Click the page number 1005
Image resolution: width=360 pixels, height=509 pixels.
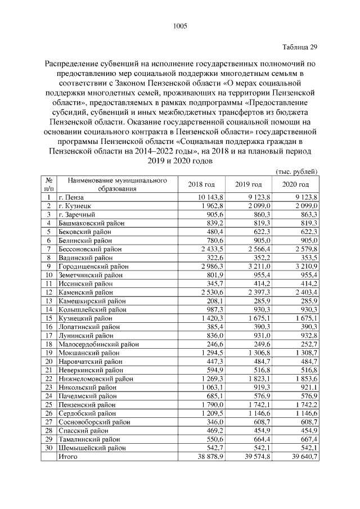click(x=179, y=26)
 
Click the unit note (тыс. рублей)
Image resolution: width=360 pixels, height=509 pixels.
click(x=297, y=171)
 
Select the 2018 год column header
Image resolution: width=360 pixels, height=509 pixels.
click(x=201, y=184)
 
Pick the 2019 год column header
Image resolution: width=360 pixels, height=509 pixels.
click(x=249, y=184)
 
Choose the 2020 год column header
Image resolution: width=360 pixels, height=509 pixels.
click(x=295, y=184)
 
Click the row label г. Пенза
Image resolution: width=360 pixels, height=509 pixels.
click(x=71, y=197)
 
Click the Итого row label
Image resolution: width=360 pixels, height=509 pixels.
click(x=68, y=457)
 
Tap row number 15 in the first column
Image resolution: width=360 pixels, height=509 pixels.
click(x=49, y=318)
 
